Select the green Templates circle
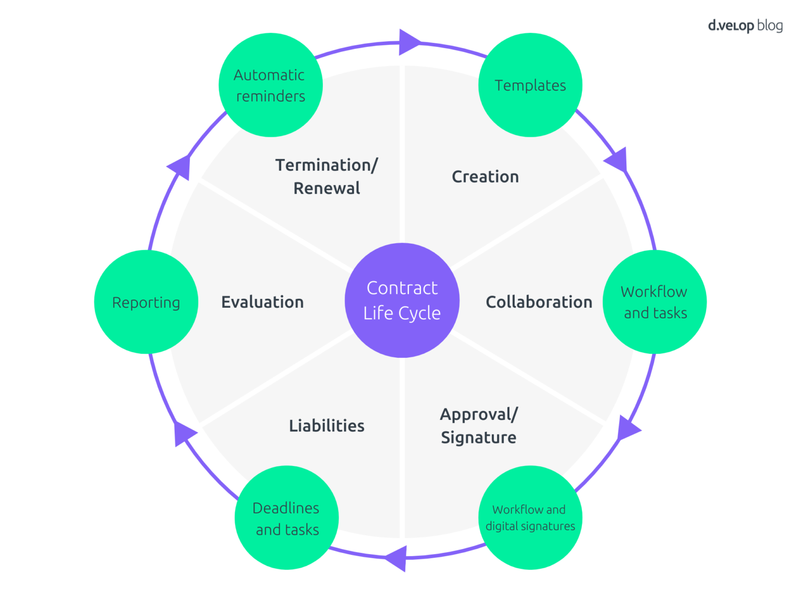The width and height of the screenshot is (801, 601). [x=530, y=85]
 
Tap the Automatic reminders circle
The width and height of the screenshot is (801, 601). [x=270, y=85]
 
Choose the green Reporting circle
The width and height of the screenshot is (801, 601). [x=146, y=302]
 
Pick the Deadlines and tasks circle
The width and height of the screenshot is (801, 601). [x=286, y=518]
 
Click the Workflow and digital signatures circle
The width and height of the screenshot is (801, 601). [x=530, y=518]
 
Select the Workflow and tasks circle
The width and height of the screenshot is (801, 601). [x=654, y=302]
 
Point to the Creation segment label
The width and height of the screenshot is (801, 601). [x=485, y=177]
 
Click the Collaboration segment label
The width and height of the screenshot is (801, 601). [x=539, y=302]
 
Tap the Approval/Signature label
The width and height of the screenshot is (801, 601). [x=479, y=426]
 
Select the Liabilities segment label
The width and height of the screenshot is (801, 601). [x=326, y=426]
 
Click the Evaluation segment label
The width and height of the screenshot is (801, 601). [x=262, y=302]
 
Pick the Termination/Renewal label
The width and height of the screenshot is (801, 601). [x=326, y=176]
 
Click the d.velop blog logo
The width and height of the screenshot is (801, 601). [x=745, y=25]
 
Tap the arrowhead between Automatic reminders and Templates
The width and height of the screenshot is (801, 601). [x=408, y=42]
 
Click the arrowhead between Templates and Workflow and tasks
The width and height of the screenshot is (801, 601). [x=617, y=160]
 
